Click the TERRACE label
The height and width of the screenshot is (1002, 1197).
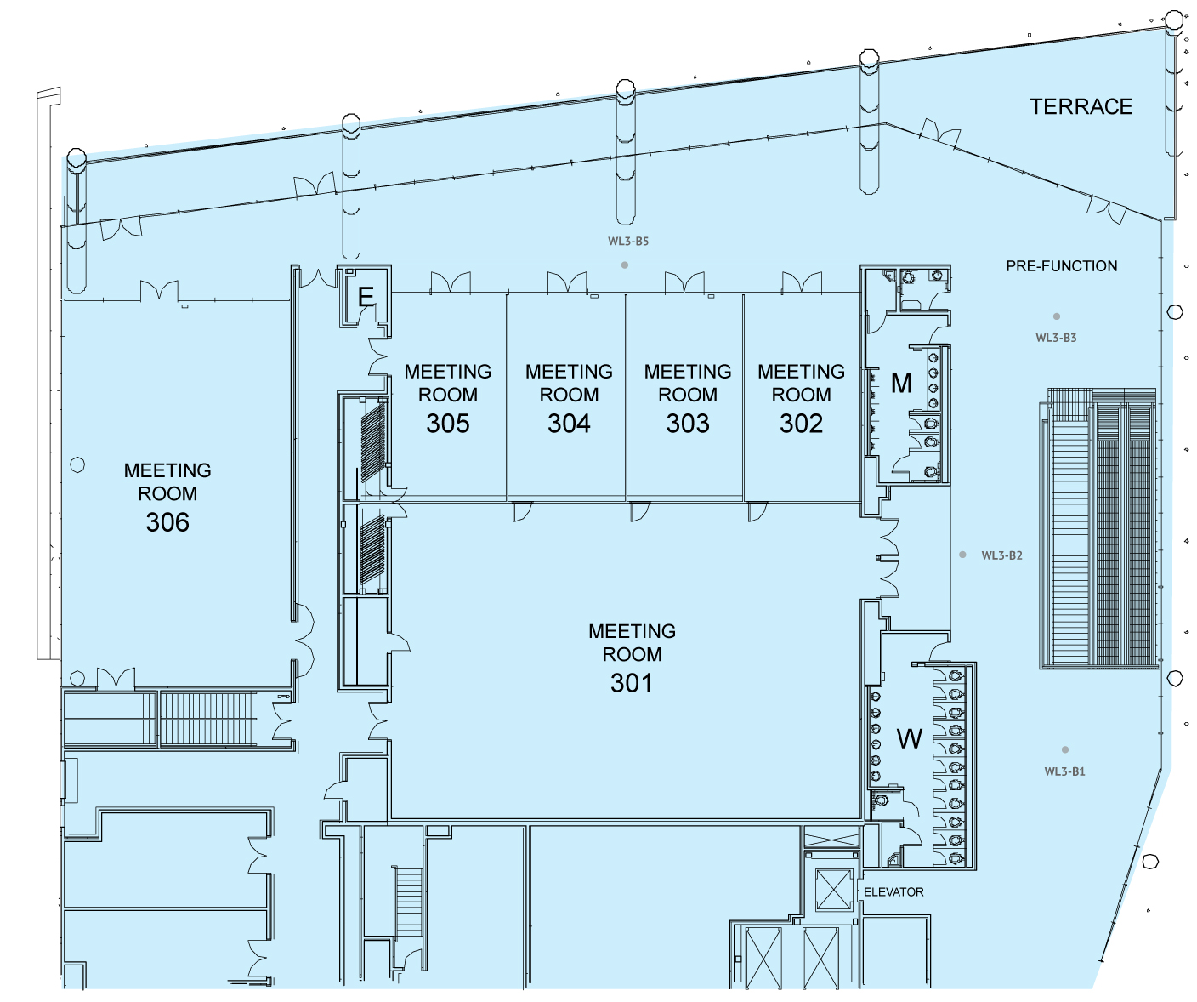click(x=1081, y=106)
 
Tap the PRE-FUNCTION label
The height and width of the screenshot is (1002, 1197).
click(x=1061, y=266)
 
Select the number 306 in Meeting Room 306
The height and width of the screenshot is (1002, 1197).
click(x=167, y=522)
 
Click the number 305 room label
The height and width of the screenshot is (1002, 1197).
click(x=448, y=424)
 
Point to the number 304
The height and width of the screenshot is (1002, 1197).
click(x=569, y=424)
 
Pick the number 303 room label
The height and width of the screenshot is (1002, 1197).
click(x=688, y=424)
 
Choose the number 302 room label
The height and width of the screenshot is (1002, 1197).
click(x=801, y=424)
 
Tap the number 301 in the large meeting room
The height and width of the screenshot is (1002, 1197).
click(x=631, y=683)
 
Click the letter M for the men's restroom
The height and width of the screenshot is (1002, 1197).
click(x=901, y=383)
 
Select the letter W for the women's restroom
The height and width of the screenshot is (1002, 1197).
click(x=909, y=738)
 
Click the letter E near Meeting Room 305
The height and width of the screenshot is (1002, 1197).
click(x=366, y=297)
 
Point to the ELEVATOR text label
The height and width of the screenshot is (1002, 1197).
click(x=893, y=892)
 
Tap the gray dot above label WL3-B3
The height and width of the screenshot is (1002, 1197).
click(x=1057, y=316)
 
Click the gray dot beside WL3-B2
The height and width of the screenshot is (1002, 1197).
click(x=962, y=555)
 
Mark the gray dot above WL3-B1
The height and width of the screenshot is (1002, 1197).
click(x=1065, y=749)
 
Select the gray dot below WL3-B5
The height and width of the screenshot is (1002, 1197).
click(x=625, y=265)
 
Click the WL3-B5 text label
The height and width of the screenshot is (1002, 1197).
click(x=628, y=242)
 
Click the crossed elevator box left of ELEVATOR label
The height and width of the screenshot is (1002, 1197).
click(x=833, y=890)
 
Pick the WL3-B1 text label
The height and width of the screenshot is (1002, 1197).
click(x=1064, y=772)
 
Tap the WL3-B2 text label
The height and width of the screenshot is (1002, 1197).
click(x=1001, y=555)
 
